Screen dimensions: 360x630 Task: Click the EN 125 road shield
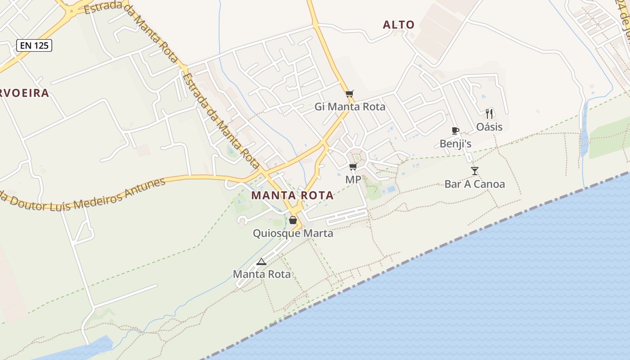[x=35, y=45]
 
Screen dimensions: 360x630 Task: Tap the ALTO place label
[x=399, y=25]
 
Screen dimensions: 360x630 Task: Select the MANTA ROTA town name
[x=292, y=195]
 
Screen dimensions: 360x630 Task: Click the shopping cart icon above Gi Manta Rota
[x=350, y=94]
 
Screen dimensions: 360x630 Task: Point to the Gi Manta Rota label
[x=350, y=107]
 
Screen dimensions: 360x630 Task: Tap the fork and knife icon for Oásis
[x=489, y=113]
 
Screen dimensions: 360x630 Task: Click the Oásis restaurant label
[x=489, y=127]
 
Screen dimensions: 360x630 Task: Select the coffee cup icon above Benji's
[x=455, y=131]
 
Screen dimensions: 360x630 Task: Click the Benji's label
[x=455, y=144]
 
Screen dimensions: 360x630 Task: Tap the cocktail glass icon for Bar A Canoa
[x=475, y=171]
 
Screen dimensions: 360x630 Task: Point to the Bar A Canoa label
[x=475, y=184]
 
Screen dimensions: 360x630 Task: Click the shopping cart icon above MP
[x=353, y=167]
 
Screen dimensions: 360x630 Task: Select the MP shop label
[x=353, y=180]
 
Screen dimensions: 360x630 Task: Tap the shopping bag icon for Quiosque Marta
[x=293, y=220]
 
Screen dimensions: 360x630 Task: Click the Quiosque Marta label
[x=293, y=233]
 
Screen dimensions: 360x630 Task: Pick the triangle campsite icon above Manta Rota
[x=261, y=261]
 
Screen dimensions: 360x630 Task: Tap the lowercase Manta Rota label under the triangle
[x=261, y=274]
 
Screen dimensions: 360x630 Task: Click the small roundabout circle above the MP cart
[x=357, y=157]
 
